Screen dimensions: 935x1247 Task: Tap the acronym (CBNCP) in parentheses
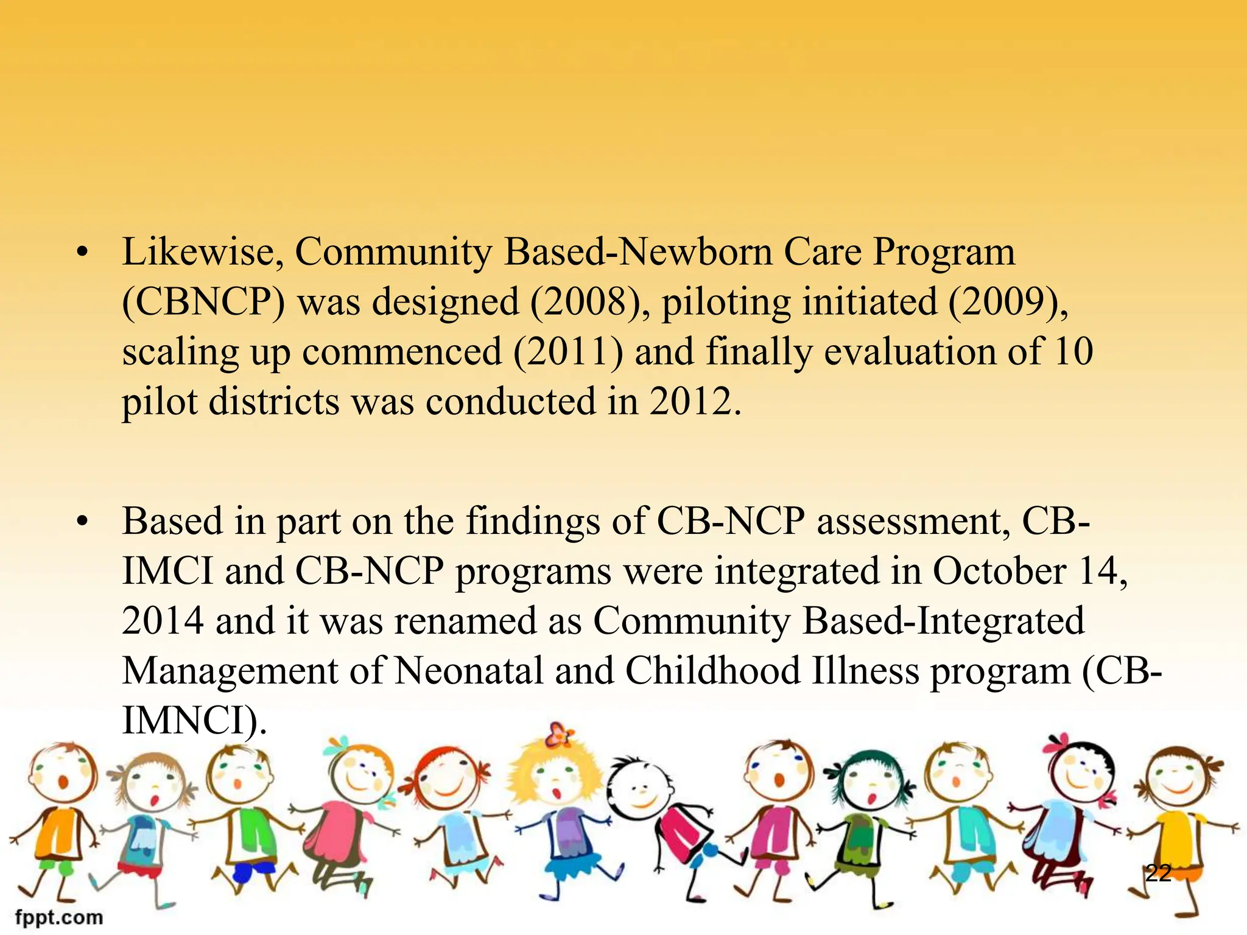(203, 302)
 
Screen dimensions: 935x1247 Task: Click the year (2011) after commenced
(568, 352)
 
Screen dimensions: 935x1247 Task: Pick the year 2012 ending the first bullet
(694, 402)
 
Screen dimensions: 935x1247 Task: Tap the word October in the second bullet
(999, 571)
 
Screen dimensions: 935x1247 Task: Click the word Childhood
(713, 671)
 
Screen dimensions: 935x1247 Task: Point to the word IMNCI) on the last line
(194, 721)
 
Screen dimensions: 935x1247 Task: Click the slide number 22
(1158, 873)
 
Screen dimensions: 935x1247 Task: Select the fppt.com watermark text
(59, 917)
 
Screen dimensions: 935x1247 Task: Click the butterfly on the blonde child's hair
(559, 734)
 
